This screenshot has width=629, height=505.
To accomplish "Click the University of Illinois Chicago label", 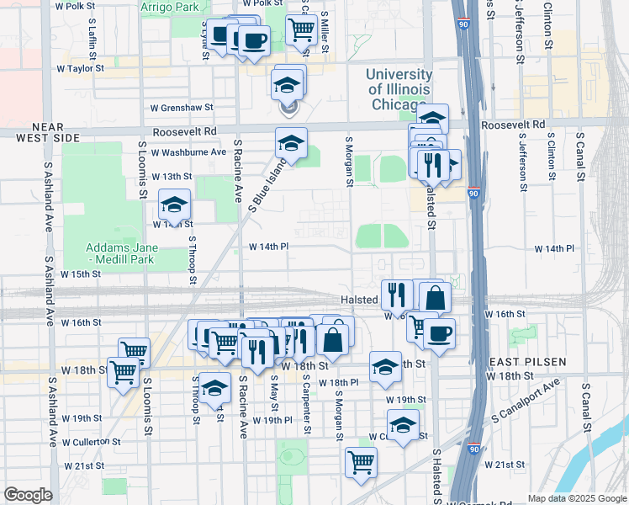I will (398, 90).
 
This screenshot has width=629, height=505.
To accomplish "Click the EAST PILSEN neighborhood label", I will (526, 361).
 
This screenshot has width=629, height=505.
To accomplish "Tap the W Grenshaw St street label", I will (182, 108).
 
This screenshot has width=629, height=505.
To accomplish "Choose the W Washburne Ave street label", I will (189, 152).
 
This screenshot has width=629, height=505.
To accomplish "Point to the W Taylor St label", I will (80, 68).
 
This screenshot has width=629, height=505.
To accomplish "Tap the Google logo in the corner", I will (28, 495).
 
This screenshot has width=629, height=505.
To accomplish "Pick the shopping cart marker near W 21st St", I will (361, 462).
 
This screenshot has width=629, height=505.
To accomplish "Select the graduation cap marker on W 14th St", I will (174, 205).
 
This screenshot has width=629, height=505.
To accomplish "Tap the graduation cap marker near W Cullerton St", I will (403, 424).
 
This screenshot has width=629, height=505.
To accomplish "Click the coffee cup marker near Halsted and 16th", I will (439, 333).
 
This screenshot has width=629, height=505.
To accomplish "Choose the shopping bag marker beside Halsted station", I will (435, 297).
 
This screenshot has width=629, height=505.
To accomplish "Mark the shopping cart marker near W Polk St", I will (301, 30).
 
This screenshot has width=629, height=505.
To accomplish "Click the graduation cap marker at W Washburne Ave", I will (291, 143).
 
